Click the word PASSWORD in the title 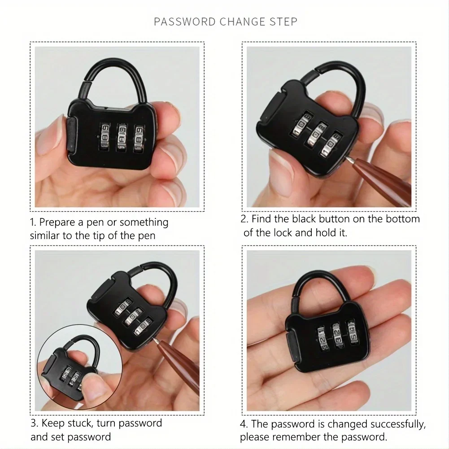(x=185, y=22)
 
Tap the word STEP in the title (x=283, y=22)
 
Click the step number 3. (x=34, y=423)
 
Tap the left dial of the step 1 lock (x=105, y=137)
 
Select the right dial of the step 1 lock (x=139, y=138)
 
